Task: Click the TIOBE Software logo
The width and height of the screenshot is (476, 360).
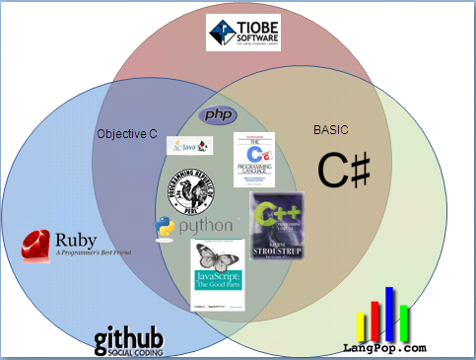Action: (x=238, y=33)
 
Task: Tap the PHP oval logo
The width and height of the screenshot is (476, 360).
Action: (x=219, y=115)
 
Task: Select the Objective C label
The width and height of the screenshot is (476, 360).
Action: (x=126, y=132)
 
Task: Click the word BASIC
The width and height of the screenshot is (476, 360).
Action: (x=330, y=129)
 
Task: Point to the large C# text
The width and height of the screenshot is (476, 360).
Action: (x=344, y=170)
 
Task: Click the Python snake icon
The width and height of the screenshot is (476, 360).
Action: (x=165, y=229)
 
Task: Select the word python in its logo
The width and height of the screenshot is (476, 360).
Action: (x=205, y=227)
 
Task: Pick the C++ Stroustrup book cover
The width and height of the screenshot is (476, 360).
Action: (x=278, y=226)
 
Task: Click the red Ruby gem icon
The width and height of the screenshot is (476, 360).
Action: (x=37, y=243)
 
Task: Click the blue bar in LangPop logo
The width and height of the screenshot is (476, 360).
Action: (x=389, y=313)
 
